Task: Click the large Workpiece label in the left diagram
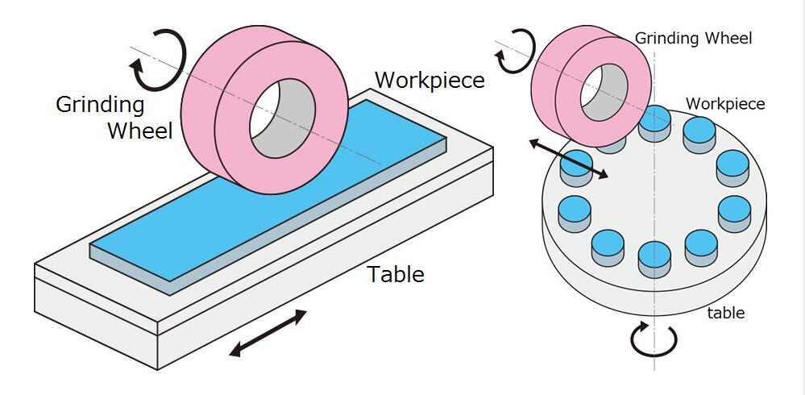click(429, 80)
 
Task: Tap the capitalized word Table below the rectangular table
click(396, 274)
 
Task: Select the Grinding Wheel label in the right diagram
click(694, 38)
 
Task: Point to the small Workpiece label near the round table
click(725, 104)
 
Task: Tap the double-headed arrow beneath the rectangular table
click(268, 334)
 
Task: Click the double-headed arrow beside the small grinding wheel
click(569, 158)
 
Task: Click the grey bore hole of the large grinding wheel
click(282, 118)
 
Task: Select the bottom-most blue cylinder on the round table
click(654, 260)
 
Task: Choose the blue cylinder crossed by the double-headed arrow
click(576, 168)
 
